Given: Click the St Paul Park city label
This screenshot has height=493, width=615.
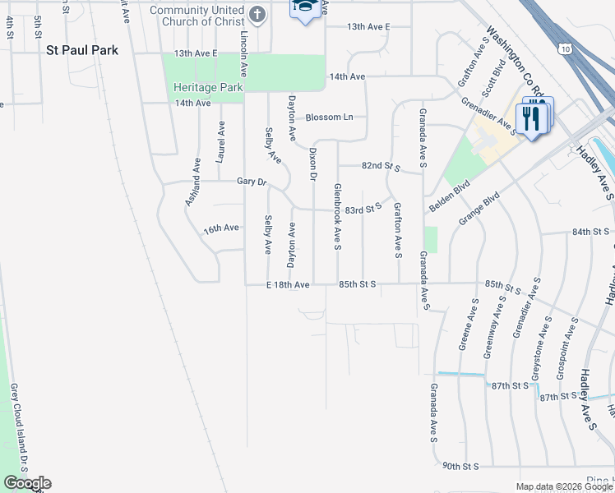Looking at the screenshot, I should [x=81, y=50].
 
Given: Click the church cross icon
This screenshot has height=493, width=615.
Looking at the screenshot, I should [x=258, y=14].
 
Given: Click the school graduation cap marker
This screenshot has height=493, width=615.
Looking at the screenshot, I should [x=305, y=8].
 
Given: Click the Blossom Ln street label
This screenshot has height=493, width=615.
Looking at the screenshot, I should [x=329, y=117].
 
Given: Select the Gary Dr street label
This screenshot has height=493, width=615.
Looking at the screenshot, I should [x=252, y=181].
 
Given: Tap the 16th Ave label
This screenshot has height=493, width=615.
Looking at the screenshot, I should [x=221, y=228].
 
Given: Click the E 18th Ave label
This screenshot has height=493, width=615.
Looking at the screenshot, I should [x=288, y=284].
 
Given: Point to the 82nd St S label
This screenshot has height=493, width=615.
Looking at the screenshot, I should [x=381, y=167].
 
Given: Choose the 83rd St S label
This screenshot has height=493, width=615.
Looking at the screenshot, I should [x=363, y=210].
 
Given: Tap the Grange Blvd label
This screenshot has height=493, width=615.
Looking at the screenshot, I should [x=480, y=211].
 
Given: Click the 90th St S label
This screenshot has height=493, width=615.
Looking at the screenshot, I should [x=460, y=466].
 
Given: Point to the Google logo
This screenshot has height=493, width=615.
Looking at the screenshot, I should [x=27, y=483].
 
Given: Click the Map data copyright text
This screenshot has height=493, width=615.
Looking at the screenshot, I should [x=563, y=486].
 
